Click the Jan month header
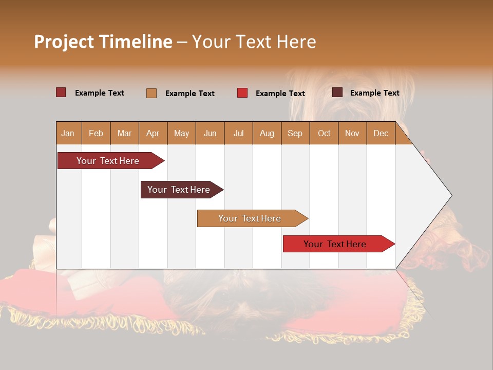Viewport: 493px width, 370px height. pyautogui.click(x=68, y=134)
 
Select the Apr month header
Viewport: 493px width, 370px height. pyautogui.click(x=153, y=134)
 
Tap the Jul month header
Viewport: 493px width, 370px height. pyautogui.click(x=238, y=134)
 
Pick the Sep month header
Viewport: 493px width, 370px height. pyautogui.click(x=295, y=134)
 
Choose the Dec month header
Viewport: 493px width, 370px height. pyautogui.click(x=381, y=134)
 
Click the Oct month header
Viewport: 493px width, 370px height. pyautogui.click(x=324, y=134)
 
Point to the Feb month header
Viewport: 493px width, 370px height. pyautogui.click(x=96, y=134)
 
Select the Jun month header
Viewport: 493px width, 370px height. pyautogui.click(x=210, y=134)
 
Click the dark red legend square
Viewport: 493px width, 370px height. pyautogui.click(x=61, y=92)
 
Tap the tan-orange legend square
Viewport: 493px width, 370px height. pyautogui.click(x=151, y=93)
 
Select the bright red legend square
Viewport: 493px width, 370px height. pyautogui.click(x=242, y=93)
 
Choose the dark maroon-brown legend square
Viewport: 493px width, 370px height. pyautogui.click(x=337, y=92)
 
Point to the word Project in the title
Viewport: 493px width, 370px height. pyautogui.click(x=64, y=42)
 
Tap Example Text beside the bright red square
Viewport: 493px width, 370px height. pyautogui.click(x=280, y=94)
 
